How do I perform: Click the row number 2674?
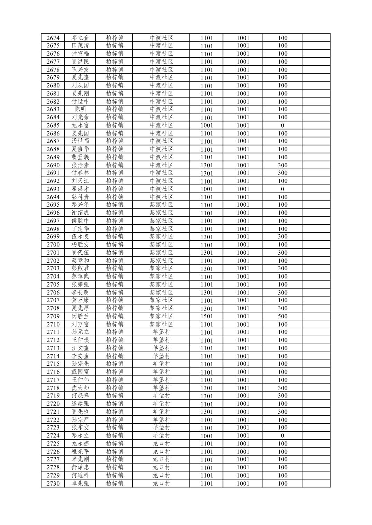(53, 38)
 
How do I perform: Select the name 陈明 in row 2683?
(80, 109)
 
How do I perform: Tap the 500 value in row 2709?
(282, 316)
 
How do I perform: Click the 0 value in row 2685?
(282, 125)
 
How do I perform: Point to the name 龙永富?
(80, 125)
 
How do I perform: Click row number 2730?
(53, 484)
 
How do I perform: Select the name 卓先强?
(80, 483)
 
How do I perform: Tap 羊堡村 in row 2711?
(161, 332)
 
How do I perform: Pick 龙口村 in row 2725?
(161, 443)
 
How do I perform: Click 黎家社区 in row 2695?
(161, 205)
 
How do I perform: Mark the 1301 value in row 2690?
(207, 165)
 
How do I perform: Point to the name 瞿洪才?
(80, 189)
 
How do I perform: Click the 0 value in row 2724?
(282, 435)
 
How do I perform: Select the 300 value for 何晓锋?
(282, 396)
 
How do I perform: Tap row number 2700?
(53, 245)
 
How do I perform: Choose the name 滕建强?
(80, 404)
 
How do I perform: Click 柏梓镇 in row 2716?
(115, 372)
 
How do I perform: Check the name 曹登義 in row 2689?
(80, 157)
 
